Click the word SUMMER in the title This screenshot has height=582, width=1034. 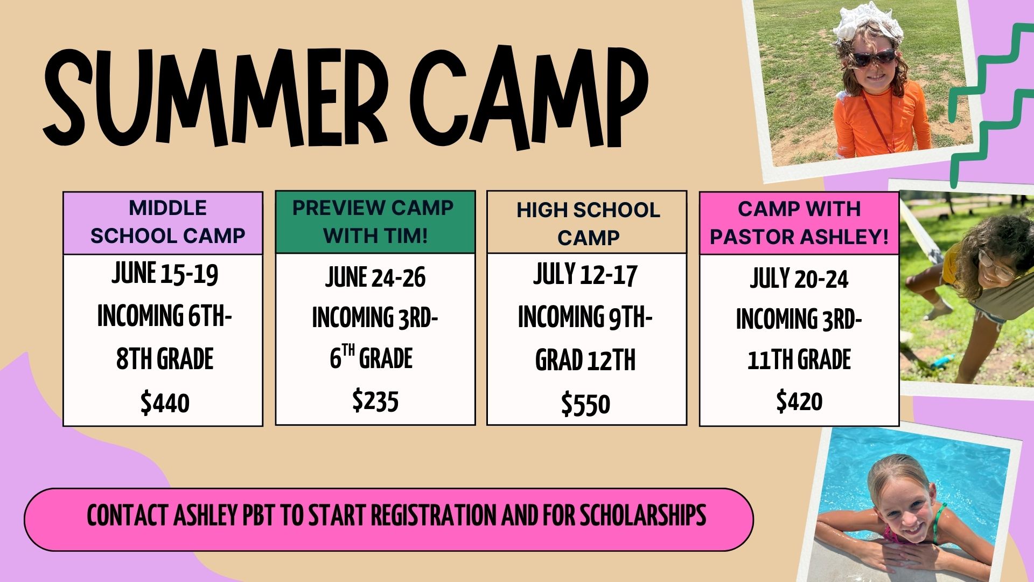tap(215, 97)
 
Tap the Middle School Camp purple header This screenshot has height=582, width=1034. tap(163, 223)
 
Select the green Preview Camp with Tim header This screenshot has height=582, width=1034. tap(375, 222)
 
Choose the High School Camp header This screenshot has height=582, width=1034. tap(587, 222)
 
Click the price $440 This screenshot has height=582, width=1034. tap(165, 403)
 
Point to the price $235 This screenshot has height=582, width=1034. tap(375, 401)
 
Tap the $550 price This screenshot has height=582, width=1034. tap(586, 404)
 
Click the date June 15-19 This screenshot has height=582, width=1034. tap(165, 273)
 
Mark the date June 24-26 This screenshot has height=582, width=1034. tap(375, 278)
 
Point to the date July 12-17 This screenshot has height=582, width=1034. tap(585, 274)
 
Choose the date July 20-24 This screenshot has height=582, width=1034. tap(799, 279)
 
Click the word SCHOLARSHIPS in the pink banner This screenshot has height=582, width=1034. tap(642, 515)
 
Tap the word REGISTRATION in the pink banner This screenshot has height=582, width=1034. tap(435, 515)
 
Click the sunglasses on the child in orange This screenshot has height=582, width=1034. tap(874, 57)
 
